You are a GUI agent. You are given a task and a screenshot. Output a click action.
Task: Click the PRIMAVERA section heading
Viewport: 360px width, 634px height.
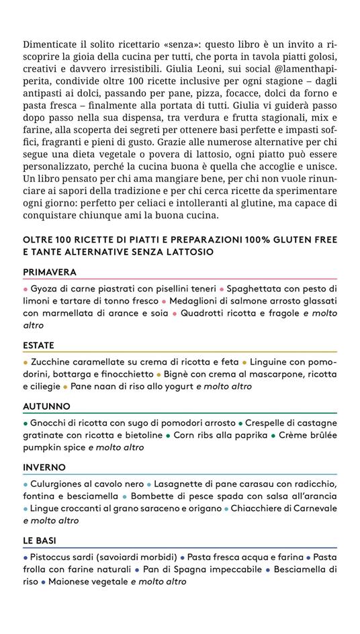pos(50,272)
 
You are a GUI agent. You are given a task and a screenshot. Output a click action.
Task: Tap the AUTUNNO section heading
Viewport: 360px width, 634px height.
pos(46,406)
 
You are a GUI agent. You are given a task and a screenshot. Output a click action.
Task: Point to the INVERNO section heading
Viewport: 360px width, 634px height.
pos(44,467)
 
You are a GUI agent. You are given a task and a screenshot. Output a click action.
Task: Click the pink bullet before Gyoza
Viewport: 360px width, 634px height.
pos(26,289)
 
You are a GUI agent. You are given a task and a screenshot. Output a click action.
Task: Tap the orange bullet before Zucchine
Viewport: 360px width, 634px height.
pos(26,362)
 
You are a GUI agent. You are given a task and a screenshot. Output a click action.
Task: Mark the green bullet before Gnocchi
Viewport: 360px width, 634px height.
pos(26,423)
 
